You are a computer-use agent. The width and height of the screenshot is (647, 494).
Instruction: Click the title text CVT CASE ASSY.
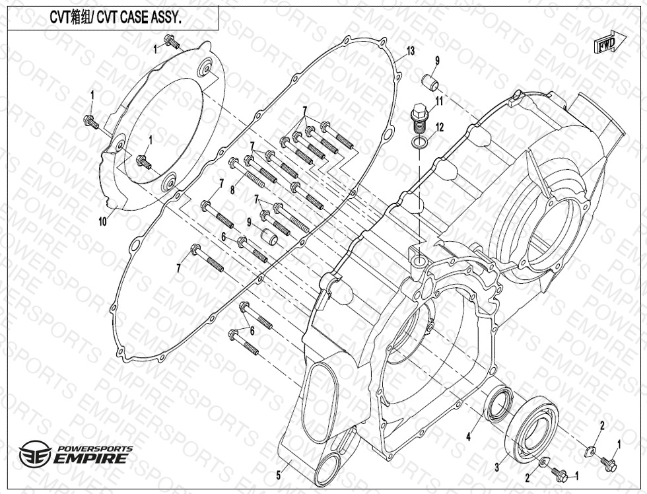pos(116,18)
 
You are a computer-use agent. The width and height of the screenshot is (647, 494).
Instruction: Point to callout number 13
pos(411,51)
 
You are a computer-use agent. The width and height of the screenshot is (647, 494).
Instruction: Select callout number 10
pos(102,222)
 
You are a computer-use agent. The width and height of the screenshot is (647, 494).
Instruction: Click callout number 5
pos(279,474)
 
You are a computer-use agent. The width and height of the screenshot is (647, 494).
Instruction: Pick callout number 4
pos(468,436)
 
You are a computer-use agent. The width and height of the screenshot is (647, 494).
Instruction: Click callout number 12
pos(439,127)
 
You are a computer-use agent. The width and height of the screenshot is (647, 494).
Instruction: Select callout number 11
pos(439,100)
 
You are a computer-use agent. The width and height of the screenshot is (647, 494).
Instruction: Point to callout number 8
pos(232,190)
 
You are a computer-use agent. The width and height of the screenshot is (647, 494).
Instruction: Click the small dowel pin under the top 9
pos(431,84)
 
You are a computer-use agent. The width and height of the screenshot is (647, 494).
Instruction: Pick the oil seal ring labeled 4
pos(498,404)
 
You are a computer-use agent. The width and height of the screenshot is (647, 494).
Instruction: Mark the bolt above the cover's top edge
pos(173,44)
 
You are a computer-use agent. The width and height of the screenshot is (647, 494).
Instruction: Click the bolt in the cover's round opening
pos(143,160)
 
